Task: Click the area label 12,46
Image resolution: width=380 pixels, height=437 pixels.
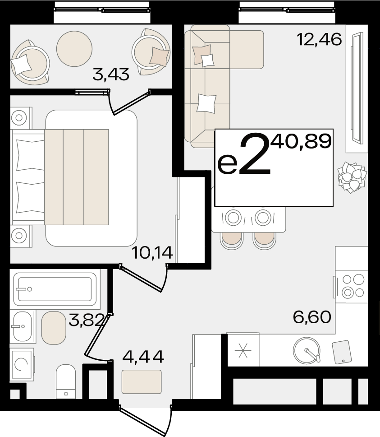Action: click(319, 39)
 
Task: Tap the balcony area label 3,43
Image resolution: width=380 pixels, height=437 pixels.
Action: click(111, 74)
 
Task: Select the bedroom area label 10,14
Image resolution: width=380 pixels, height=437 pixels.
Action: click(153, 253)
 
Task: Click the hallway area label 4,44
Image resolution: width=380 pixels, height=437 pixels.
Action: click(143, 357)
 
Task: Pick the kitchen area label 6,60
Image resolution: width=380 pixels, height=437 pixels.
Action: click(312, 317)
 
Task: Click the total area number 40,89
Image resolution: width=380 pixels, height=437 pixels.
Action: click(301, 141)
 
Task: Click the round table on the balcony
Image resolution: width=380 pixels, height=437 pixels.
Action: click(74, 48)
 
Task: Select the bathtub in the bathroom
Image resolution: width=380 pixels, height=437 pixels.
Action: click(55, 289)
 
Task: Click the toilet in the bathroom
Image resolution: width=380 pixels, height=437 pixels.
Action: click(66, 381)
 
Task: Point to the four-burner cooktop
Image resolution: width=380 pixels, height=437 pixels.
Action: click(351, 286)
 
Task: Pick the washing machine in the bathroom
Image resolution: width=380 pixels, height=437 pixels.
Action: click(22, 364)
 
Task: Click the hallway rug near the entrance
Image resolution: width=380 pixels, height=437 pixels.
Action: click(142, 381)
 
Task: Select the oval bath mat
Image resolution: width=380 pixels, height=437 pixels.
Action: click(54, 328)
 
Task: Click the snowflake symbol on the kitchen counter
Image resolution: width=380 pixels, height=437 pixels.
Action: click(243, 350)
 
